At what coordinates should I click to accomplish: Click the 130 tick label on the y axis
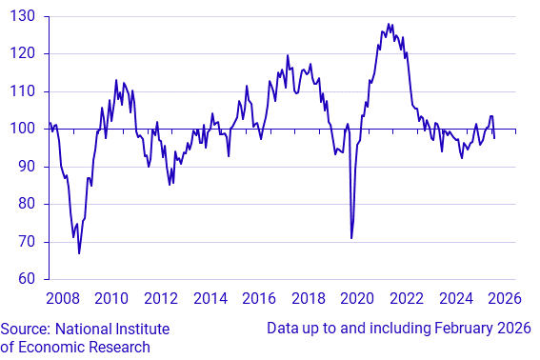(x=23, y=17)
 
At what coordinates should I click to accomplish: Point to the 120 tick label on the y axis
(x=23, y=54)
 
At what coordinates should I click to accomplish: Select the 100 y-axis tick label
(x=23, y=130)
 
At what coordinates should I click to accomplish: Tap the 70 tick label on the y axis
(x=27, y=242)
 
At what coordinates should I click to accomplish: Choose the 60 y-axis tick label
(x=27, y=279)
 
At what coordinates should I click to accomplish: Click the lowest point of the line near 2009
(x=79, y=253)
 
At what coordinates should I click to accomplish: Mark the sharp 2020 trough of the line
(x=351, y=238)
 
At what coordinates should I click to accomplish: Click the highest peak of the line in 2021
(x=389, y=24)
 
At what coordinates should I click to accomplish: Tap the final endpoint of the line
(x=494, y=138)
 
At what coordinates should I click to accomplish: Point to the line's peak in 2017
(x=288, y=55)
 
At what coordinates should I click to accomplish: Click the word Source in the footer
(x=27, y=329)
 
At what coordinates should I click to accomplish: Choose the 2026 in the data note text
(x=512, y=329)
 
